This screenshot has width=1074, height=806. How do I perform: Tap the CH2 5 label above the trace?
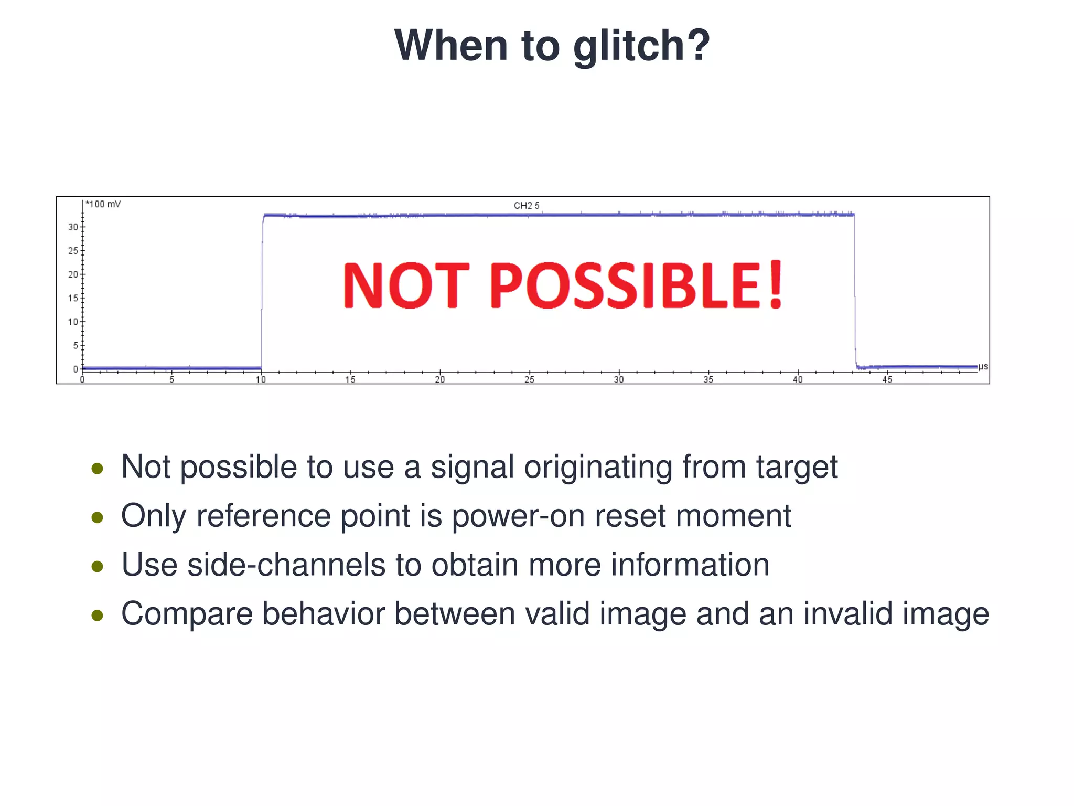526,206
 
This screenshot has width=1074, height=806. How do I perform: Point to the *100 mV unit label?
103,204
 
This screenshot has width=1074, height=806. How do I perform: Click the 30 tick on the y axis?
73,227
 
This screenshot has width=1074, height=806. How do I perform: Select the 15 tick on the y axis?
73,298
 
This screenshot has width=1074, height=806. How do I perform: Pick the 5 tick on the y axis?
76,345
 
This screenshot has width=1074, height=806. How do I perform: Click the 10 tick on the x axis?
261,379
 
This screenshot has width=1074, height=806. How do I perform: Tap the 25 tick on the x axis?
529,379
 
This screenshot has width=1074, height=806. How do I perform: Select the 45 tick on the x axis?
887,379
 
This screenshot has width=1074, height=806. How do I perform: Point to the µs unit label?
983,366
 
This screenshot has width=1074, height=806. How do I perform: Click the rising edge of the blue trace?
262,294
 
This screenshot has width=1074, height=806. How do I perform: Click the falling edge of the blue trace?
855,294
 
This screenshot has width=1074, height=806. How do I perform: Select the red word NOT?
406,285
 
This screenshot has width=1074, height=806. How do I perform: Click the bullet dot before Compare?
97,615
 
